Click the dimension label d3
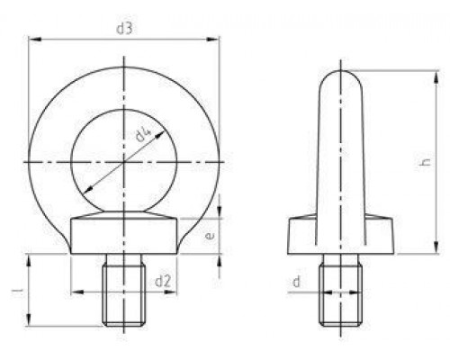coord(124,29)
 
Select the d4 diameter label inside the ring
coord(144,138)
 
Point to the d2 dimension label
coord(163,282)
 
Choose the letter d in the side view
coord(297,283)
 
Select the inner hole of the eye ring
coord(125,162)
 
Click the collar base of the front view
coord(125,236)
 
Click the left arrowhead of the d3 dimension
coord(32,39)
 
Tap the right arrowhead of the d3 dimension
coord(217,39)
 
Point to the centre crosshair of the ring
coord(125,162)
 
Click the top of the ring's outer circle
coord(125,64)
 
